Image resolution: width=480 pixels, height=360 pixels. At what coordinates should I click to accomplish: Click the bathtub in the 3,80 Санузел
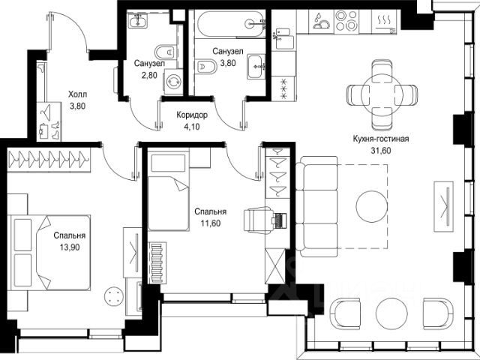(x=230, y=23)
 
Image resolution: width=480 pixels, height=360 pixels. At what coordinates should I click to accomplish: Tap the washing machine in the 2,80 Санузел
(x=173, y=81)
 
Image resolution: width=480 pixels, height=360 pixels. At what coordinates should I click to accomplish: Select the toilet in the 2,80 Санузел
(x=166, y=52)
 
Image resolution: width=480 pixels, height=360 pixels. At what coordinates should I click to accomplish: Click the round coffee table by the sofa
(x=372, y=206)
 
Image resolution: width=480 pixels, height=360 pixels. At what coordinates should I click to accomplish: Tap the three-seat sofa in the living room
(x=316, y=206)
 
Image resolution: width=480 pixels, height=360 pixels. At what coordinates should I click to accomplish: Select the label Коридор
(x=192, y=115)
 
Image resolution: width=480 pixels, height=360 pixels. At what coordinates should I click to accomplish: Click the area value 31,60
(x=380, y=151)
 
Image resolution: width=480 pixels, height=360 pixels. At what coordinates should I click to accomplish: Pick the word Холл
(x=77, y=94)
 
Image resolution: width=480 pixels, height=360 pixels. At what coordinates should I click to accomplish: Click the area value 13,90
(x=70, y=247)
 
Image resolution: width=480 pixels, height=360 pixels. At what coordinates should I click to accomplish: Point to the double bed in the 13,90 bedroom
(x=51, y=253)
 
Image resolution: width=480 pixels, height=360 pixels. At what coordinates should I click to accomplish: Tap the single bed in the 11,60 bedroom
(x=168, y=192)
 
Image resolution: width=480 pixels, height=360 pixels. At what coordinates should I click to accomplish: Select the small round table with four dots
(x=114, y=295)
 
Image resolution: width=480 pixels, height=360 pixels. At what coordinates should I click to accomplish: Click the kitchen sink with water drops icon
(x=321, y=21)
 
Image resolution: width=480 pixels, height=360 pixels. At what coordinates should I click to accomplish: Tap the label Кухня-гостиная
(x=380, y=139)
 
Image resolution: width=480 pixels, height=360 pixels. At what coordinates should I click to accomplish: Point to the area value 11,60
(x=210, y=223)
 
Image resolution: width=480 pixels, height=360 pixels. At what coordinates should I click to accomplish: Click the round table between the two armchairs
(x=391, y=313)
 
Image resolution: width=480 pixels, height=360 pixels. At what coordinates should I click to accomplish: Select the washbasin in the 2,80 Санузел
(x=138, y=21)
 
